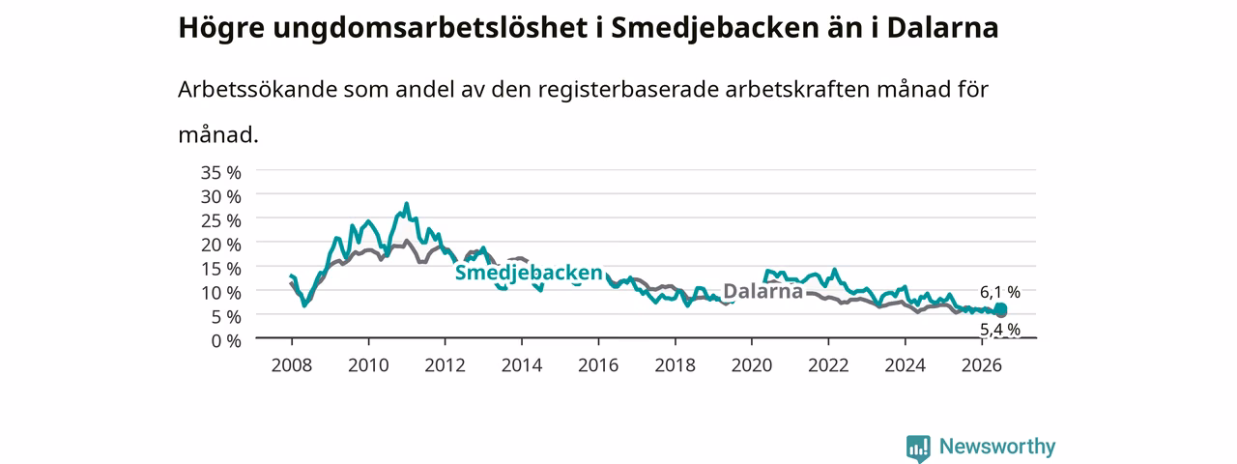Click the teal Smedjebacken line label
point(529,273)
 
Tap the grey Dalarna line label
point(762,291)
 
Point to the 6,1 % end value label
point(999,292)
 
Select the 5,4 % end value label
point(999,330)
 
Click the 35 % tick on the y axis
point(221,173)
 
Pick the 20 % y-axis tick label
point(221,245)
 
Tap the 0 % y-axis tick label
point(226,341)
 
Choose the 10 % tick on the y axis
point(221,293)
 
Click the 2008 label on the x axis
point(292,365)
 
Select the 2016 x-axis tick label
point(598,365)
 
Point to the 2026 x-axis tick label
point(981,365)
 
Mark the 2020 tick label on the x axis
point(752,365)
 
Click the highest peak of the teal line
point(407,204)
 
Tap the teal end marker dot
point(1000,308)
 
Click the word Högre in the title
point(221,28)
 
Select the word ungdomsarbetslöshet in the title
point(430,28)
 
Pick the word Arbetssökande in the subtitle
point(257,89)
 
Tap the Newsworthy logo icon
point(918,448)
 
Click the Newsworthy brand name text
point(997,447)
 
